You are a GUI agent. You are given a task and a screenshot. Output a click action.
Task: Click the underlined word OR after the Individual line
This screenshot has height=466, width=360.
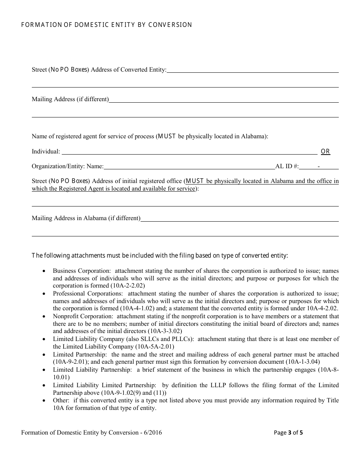pos(326,152)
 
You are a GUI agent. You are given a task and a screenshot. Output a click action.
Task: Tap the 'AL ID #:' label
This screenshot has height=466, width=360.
pos(287,166)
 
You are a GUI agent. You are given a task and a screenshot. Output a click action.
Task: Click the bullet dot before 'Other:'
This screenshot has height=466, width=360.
pos(44,400)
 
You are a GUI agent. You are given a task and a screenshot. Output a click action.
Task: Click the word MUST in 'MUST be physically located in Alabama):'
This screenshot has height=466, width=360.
pos(166,136)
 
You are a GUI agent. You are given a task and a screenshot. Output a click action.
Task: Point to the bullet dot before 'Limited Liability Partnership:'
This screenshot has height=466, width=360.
pos(44,370)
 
